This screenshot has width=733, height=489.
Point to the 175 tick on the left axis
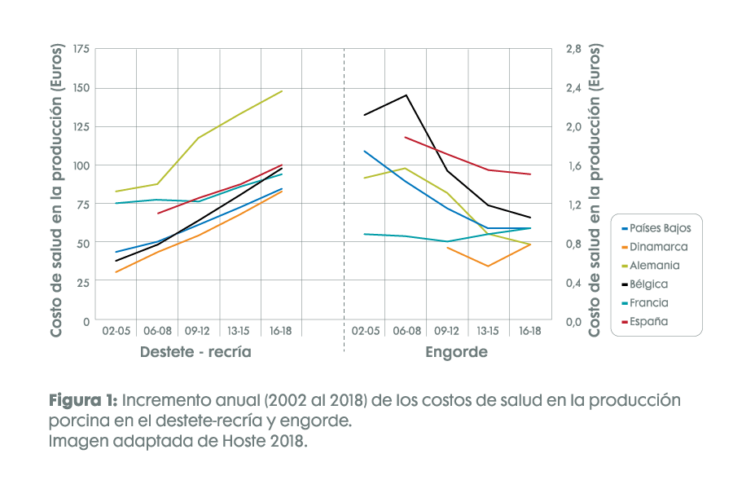click(x=80, y=49)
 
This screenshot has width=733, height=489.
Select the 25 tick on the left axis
click(x=82, y=283)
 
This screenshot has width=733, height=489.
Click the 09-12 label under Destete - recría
click(x=198, y=331)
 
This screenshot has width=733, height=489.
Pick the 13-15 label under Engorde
click(x=488, y=331)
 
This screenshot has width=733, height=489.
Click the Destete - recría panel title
click(x=195, y=352)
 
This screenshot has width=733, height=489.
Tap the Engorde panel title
click(x=456, y=352)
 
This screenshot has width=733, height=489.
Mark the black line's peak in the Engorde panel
click(x=406, y=95)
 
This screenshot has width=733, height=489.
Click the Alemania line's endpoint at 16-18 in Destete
click(x=282, y=91)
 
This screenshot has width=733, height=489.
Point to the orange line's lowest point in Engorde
click(x=488, y=267)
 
